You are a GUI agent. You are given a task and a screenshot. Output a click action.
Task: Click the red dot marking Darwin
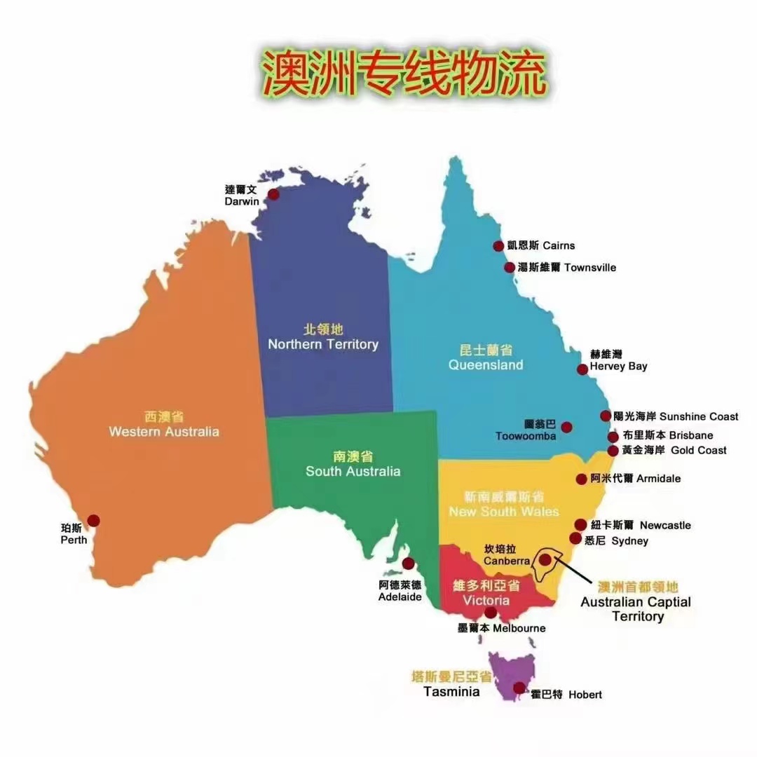(x=273, y=193)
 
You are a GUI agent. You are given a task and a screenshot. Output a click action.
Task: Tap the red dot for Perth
(x=93, y=520)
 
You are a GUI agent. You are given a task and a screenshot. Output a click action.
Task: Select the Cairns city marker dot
(x=498, y=245)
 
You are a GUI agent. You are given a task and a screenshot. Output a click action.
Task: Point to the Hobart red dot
(x=519, y=688)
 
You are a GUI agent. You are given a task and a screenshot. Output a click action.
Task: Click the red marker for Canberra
(x=545, y=559)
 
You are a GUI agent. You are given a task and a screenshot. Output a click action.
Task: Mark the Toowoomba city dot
(x=566, y=427)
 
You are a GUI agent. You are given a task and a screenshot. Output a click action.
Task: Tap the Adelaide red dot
(x=408, y=564)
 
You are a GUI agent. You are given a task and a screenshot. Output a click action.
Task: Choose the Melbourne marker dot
(x=491, y=613)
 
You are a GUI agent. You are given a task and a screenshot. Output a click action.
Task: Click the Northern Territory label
(x=323, y=344)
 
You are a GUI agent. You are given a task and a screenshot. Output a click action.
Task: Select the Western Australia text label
(x=164, y=431)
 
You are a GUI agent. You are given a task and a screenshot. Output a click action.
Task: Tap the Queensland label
(x=486, y=364)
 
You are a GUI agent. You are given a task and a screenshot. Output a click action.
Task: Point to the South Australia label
(x=353, y=471)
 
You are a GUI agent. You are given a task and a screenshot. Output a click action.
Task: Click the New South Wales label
(x=503, y=511)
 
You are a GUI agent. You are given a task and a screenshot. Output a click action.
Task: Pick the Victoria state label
(x=486, y=601)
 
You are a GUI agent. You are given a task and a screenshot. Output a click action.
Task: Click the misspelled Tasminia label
(x=452, y=691)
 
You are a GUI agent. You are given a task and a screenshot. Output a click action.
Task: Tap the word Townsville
(x=590, y=268)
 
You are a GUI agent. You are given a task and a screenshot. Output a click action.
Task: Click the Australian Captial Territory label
(x=636, y=609)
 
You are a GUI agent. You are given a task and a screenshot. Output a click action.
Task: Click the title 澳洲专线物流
(x=402, y=74)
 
